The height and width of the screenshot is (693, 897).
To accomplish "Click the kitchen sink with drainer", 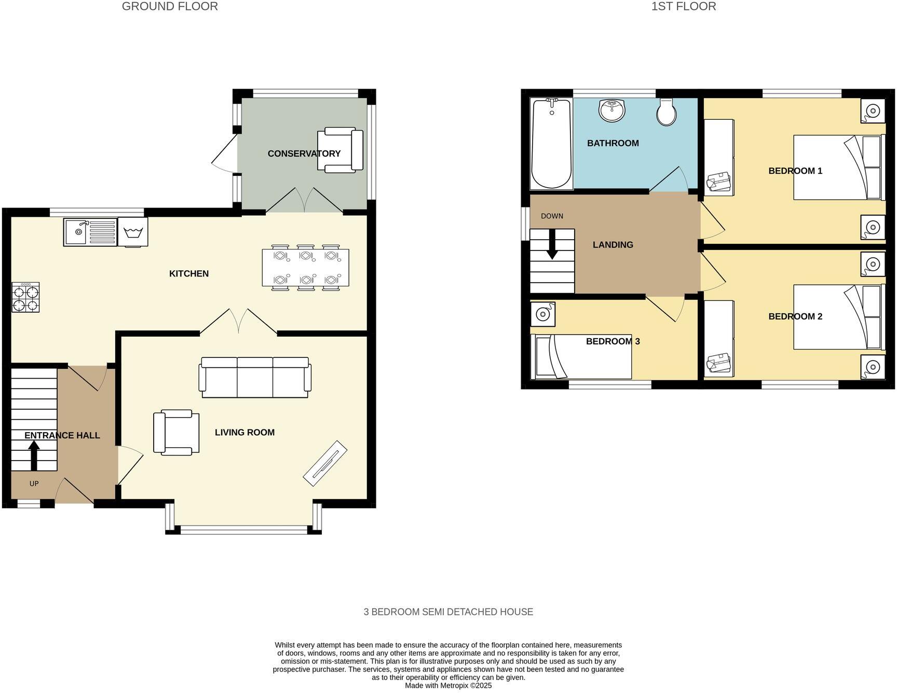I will [90, 232].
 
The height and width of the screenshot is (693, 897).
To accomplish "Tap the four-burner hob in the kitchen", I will [25, 298].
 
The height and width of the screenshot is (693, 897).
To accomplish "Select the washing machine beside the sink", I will [133, 231].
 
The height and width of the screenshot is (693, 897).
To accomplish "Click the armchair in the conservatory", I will [340, 150].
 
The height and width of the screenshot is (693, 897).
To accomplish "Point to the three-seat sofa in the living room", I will [255, 378].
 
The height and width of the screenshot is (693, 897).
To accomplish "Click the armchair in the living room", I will [176, 432].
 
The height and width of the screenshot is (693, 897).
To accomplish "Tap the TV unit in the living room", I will [325, 463].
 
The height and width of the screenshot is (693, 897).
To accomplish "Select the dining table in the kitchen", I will [305, 267].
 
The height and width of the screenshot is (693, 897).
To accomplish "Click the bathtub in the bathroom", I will [551, 144].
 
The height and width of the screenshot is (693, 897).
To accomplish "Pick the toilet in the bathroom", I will [666, 112].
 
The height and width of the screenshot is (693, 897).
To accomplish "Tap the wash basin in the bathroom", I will [613, 110].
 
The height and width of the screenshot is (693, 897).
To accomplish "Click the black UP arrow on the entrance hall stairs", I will [34, 454].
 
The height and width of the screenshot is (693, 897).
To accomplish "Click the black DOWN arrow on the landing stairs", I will [552, 244].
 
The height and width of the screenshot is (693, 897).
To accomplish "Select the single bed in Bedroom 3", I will [581, 357].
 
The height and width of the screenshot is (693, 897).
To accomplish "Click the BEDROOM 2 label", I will [795, 316].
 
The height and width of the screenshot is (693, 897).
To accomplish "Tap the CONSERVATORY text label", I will [304, 154].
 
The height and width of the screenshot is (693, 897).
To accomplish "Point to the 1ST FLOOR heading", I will [683, 7].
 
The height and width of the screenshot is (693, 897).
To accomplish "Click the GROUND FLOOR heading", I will [170, 7].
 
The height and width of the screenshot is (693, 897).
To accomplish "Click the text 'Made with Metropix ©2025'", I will [448, 685].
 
